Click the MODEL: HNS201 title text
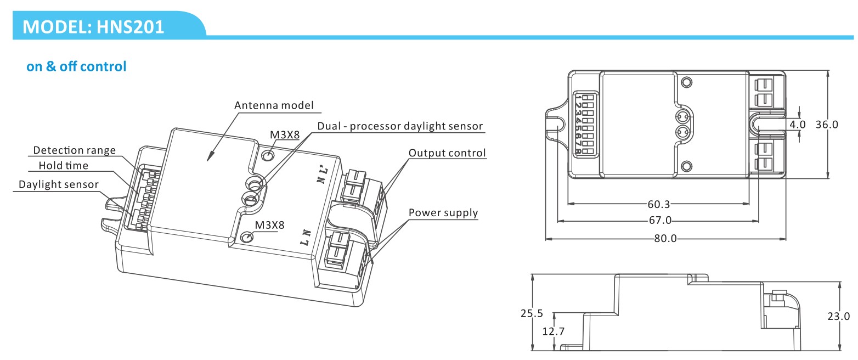click(x=93, y=27)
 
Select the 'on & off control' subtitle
click(x=76, y=66)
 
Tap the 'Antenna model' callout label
click(x=274, y=105)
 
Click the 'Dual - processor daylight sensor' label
click(x=400, y=126)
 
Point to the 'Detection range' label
click(x=74, y=150)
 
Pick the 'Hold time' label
click(x=64, y=165)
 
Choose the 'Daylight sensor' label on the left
click(x=59, y=184)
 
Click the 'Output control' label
click(x=447, y=153)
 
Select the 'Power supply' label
click(x=443, y=212)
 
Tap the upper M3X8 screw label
click(x=285, y=135)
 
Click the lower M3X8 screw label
click(x=270, y=225)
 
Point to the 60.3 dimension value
click(x=659, y=204)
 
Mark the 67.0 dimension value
click(x=660, y=221)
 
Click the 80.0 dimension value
click(x=665, y=239)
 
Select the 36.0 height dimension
click(x=827, y=125)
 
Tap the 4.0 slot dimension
click(x=798, y=125)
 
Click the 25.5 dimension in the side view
click(x=532, y=313)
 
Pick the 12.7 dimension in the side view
click(x=553, y=331)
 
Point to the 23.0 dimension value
click(x=838, y=316)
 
